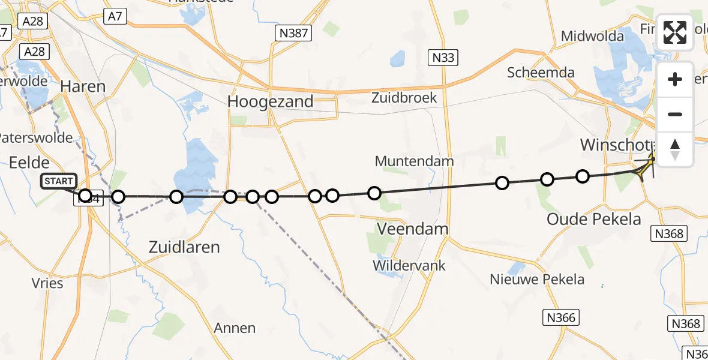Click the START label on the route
[59, 181]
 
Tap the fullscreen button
[675, 32]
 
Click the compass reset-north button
[675, 149]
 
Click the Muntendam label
[414, 161]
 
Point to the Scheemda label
[541, 73]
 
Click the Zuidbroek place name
[403, 97]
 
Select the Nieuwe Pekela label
[528, 279]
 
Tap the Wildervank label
[410, 265]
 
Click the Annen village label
[235, 328]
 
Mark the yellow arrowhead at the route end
[645, 167]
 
